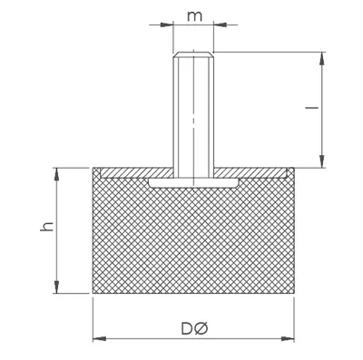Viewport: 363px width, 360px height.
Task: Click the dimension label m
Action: point(194,16)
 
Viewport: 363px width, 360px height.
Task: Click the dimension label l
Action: point(315,107)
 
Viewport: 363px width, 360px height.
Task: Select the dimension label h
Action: point(47,227)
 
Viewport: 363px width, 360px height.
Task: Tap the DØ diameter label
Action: point(194,329)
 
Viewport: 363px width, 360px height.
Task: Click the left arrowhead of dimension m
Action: point(166,24)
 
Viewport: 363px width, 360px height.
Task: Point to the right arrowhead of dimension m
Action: point(220,24)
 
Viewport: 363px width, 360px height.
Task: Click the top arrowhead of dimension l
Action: point(322,58)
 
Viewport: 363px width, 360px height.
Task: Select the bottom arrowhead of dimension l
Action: point(322,161)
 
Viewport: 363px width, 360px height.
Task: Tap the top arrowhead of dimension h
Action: point(56,174)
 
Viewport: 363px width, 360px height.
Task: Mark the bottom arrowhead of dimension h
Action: point(56,287)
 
